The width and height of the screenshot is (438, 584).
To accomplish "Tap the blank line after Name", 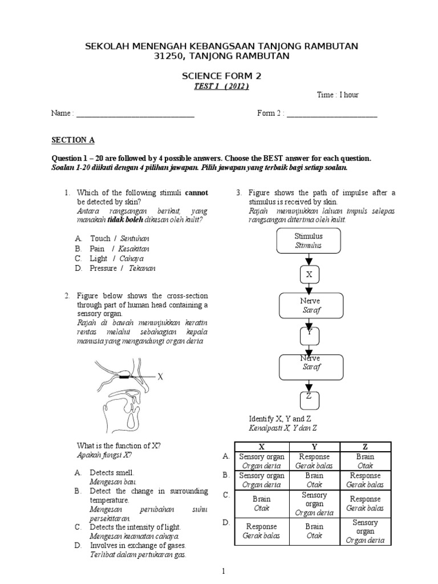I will click(135, 113).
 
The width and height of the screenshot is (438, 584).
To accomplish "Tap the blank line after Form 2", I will click(332, 113).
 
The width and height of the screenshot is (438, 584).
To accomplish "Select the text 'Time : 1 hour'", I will click(338, 95).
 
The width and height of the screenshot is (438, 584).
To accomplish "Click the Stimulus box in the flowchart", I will click(309, 241).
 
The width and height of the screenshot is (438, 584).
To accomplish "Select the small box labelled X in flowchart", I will click(309, 274).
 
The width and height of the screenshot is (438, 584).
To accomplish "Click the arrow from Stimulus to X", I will click(309, 259).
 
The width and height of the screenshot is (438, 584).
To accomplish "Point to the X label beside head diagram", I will click(160, 377).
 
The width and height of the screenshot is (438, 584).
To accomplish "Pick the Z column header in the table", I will click(365, 447).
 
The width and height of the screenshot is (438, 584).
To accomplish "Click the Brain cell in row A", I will click(365, 461).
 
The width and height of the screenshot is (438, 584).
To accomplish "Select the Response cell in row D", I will click(260, 531).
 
